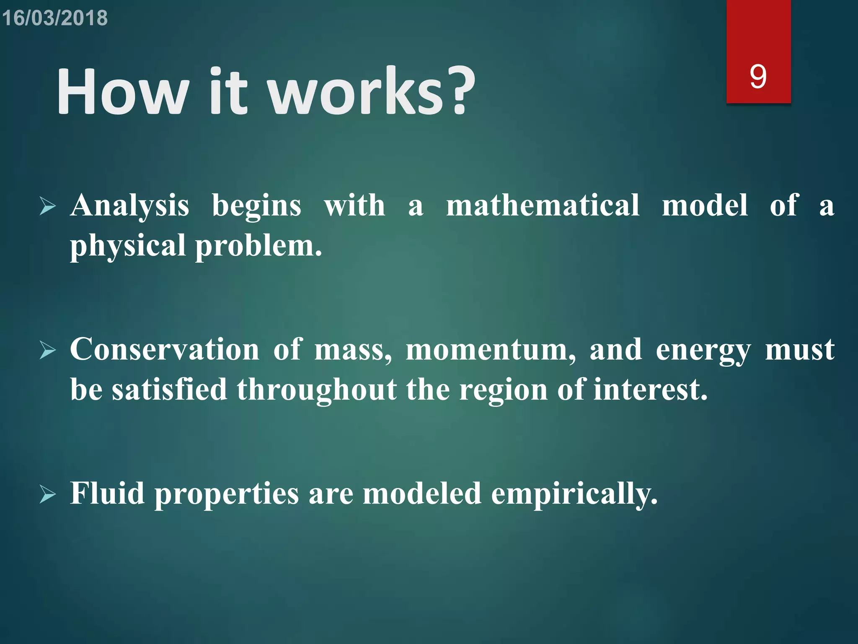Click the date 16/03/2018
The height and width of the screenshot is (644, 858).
pos(55,18)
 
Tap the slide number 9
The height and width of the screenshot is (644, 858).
pos(758,77)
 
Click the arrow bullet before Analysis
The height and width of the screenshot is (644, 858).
pos(48,206)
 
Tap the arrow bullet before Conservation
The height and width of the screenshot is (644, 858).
pos(48,350)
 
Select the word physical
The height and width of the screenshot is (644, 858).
pos(128,247)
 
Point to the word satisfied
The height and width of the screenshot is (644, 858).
pos(170,390)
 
